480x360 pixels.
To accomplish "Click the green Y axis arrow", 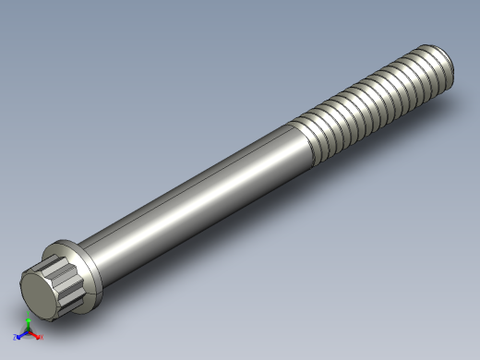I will click(29, 322).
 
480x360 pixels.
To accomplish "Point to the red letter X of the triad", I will click(41, 338).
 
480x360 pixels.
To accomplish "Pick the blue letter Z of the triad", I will click(15, 338).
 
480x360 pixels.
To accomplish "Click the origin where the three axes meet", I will click(28, 331).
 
